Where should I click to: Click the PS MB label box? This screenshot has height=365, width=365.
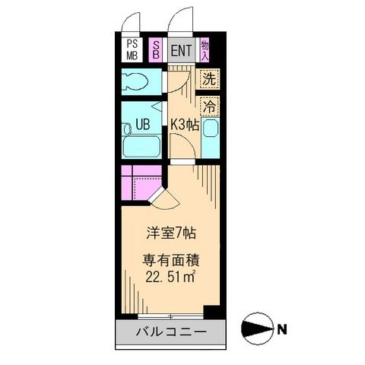pos(132,49)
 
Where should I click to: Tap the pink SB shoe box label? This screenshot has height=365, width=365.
pos(156,50)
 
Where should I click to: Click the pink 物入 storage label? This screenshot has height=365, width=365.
pos(205,50)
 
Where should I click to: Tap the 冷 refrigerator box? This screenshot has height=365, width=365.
pos(208,106)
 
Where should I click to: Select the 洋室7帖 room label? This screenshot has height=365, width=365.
pos(167,231)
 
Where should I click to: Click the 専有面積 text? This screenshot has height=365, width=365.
pos(167,259)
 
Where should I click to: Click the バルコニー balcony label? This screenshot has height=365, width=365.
pos(171,332)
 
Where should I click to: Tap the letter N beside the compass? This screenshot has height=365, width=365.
pos(282,330)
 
